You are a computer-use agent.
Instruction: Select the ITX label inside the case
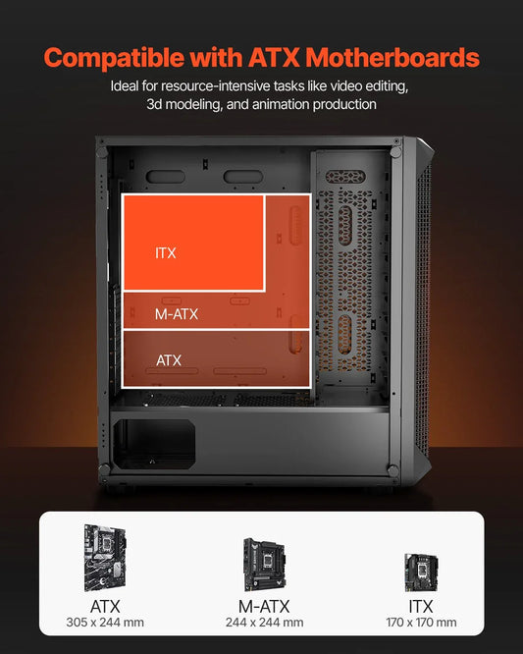click(166, 253)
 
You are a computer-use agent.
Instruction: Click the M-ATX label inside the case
click(178, 314)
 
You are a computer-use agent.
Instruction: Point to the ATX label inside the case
click(169, 360)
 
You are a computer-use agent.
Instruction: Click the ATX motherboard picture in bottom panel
click(104, 556)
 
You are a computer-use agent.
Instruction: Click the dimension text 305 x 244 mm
click(104, 623)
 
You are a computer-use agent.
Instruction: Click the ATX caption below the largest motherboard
click(104, 605)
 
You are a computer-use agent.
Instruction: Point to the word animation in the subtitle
click(276, 104)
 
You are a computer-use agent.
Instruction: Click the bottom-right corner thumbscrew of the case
click(393, 471)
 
